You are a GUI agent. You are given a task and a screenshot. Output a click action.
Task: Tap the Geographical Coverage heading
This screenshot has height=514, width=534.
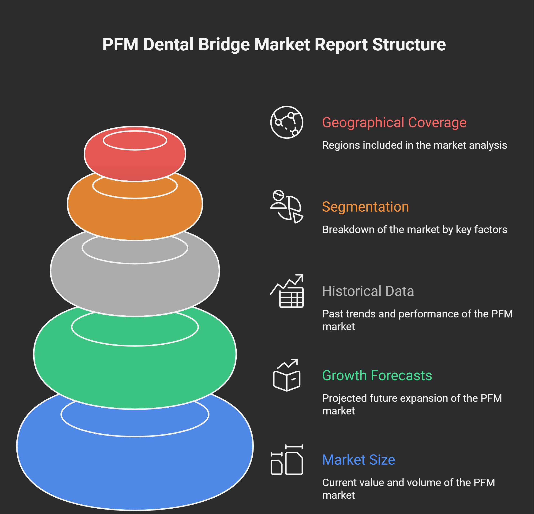[394, 122]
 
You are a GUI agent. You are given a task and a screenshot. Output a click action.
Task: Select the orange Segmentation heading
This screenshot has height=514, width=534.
[365, 207]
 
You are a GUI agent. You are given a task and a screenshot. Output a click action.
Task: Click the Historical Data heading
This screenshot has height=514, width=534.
[368, 291]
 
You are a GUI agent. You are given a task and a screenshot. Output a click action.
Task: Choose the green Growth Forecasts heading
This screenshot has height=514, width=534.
[377, 375]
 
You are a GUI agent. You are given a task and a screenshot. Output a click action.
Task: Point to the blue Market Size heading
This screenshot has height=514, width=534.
[358, 460]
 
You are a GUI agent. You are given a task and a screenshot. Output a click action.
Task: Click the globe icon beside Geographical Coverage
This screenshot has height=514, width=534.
[287, 122]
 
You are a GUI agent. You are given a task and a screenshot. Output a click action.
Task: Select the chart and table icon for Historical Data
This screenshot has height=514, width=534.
[287, 291]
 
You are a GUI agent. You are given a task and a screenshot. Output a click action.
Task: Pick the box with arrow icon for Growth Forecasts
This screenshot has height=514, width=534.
[287, 375]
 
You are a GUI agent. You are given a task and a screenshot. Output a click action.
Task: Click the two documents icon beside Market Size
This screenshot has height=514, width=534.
[287, 460]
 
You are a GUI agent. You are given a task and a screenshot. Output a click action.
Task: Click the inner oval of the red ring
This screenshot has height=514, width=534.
[135, 140]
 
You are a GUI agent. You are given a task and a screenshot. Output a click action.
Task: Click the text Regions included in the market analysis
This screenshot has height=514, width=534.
[415, 145]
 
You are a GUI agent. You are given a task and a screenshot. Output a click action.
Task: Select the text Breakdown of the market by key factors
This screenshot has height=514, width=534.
[415, 230]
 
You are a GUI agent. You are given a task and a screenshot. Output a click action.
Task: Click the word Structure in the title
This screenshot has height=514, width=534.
[409, 45]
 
